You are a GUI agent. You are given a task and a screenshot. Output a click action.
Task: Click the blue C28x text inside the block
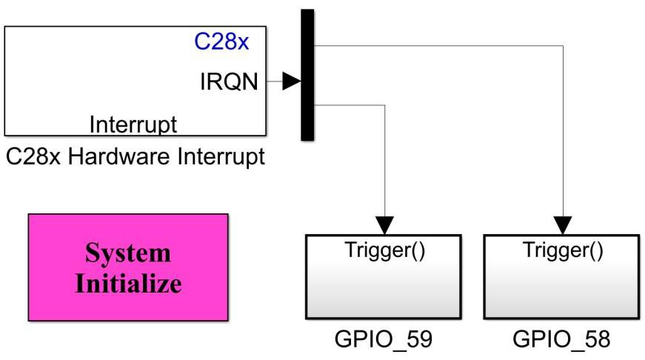click(221, 41)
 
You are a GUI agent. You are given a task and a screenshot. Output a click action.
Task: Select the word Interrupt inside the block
click(133, 124)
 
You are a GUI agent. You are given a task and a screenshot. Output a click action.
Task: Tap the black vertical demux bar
click(307, 74)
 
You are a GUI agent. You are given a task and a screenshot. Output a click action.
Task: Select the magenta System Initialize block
click(128, 267)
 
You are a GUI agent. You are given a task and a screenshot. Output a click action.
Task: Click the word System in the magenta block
click(128, 253)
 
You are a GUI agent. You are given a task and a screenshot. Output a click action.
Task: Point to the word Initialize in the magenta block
click(128, 283)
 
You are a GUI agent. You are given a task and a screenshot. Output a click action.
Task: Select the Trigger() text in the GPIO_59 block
click(384, 250)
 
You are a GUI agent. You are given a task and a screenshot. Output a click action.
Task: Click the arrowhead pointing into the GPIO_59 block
click(384, 224)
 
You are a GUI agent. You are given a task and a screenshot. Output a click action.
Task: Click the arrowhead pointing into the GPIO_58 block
click(564, 224)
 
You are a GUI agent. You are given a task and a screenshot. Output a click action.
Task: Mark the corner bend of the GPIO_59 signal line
click(384, 105)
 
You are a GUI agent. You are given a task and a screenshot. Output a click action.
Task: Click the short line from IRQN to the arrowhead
click(273, 83)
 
